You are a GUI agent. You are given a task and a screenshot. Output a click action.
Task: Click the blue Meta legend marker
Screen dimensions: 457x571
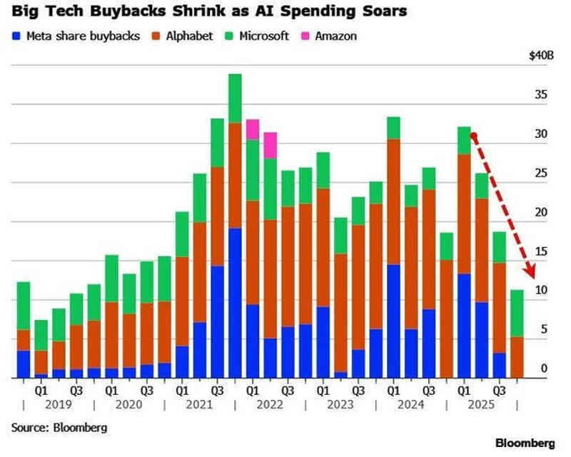coord(16,36)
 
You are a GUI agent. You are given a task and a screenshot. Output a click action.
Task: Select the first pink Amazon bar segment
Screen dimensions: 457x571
coord(253,129)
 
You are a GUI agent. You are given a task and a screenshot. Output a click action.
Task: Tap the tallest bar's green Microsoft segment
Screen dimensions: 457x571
coord(235,99)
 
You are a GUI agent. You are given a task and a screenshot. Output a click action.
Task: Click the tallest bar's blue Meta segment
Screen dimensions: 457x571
coord(235,303)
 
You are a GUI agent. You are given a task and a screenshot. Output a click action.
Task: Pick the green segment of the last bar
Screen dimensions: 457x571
coord(517,313)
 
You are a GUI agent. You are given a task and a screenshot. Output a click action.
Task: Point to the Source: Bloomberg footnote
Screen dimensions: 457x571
coord(59,428)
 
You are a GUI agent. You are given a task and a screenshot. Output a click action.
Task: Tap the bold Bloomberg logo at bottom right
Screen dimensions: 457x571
coord(525,443)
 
